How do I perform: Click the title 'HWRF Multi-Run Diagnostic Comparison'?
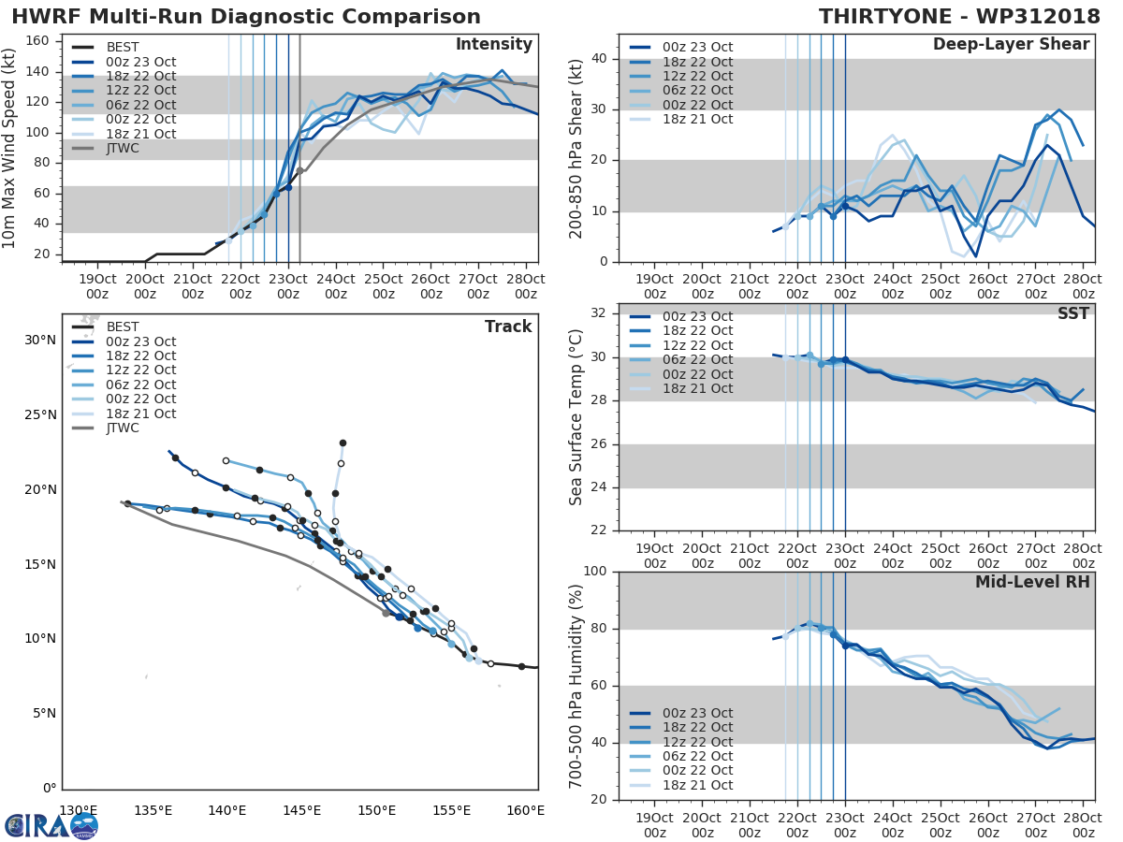[246, 17]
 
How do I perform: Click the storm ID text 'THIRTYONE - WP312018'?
[955, 17]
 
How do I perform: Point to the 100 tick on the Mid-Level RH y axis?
[593, 572]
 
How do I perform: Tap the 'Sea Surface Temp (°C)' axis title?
[576, 417]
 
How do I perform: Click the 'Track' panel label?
[508, 327]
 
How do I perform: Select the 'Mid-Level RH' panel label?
[1032, 583]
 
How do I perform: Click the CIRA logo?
[51, 825]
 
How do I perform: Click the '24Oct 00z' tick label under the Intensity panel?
[336, 287]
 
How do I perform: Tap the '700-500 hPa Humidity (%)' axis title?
[576, 686]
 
